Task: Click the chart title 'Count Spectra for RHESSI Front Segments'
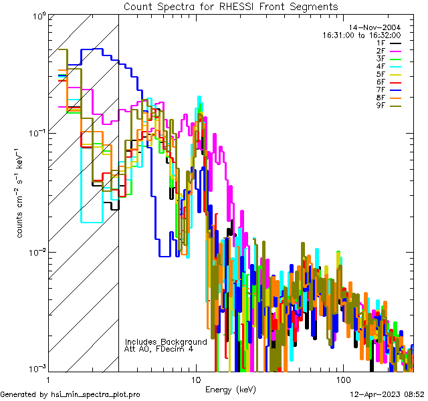pyautogui.click(x=231, y=6)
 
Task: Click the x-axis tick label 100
pyautogui.click(x=342, y=379)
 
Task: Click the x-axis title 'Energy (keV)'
pyautogui.click(x=230, y=389)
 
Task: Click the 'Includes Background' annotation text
pyautogui.click(x=166, y=342)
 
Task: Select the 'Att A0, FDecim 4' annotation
pyautogui.click(x=158, y=349)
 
